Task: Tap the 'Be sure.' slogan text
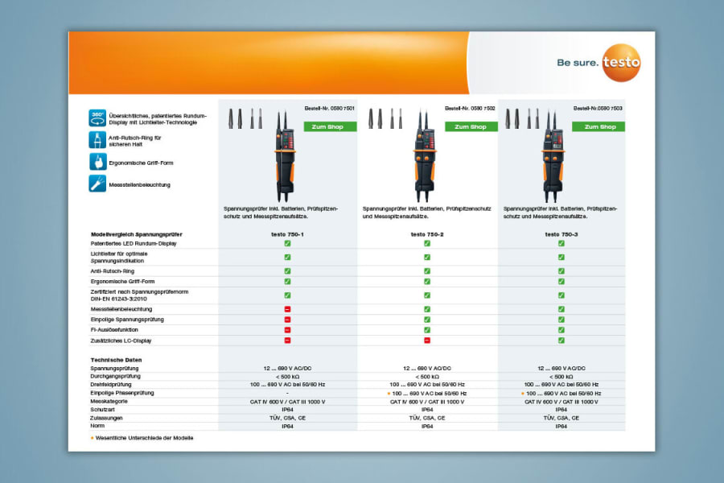point(577,62)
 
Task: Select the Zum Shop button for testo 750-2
point(471,126)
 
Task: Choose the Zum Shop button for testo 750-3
point(599,126)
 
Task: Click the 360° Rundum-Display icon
point(97,118)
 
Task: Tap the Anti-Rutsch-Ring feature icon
point(97,140)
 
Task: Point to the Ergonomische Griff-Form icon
point(97,162)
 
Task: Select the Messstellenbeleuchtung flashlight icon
point(97,184)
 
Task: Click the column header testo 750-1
point(287,233)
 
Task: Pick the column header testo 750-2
point(427,233)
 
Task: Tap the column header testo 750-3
point(561,233)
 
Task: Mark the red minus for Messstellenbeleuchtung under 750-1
point(287,309)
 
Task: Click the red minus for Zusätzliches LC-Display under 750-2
point(427,341)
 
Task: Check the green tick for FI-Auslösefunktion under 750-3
point(561,330)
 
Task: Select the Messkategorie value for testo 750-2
point(427,401)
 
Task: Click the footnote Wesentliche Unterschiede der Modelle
point(144,438)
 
